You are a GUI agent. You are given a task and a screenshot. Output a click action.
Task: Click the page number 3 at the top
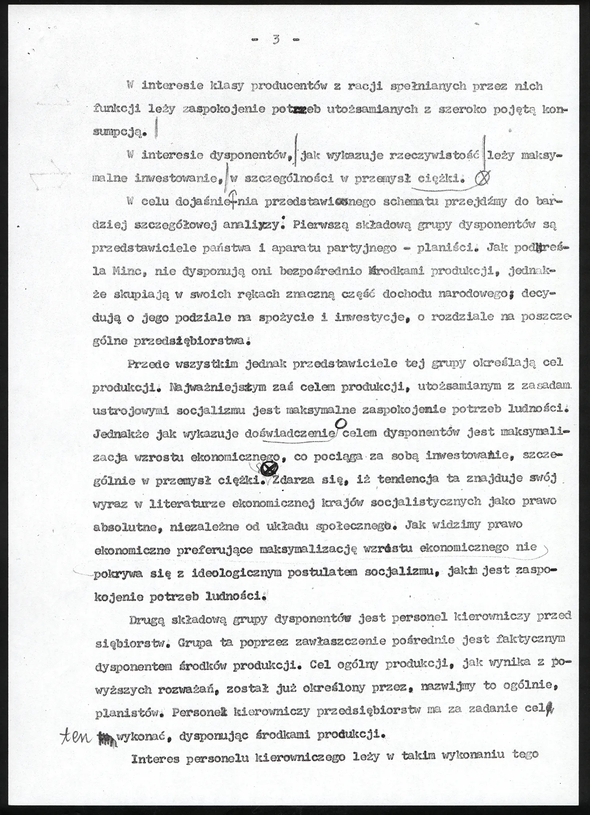tap(275, 39)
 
